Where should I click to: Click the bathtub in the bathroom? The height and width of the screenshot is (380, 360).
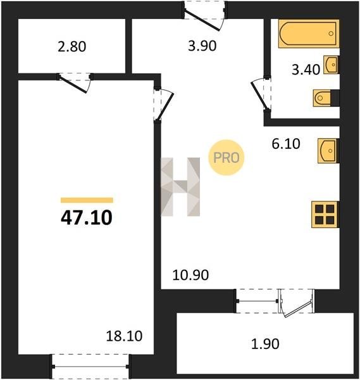pyautogui.click(x=308, y=34)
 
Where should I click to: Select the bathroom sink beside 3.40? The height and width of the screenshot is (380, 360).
pyautogui.click(x=331, y=65)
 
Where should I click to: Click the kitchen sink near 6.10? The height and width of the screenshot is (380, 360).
pyautogui.click(x=328, y=151)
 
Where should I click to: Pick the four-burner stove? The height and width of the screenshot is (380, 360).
pyautogui.click(x=325, y=215)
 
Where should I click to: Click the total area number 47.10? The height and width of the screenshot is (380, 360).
pyautogui.click(x=87, y=218)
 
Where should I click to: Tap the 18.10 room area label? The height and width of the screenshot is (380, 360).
pyautogui.click(x=124, y=336)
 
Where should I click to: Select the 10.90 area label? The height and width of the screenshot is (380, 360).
pyautogui.click(x=190, y=275)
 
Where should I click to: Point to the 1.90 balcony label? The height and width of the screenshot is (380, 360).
pyautogui.click(x=265, y=344)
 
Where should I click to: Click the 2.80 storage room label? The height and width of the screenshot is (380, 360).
pyautogui.click(x=72, y=46)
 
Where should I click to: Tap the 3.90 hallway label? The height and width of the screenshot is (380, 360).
pyautogui.click(x=202, y=46)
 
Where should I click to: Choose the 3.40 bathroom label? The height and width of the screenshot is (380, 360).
pyautogui.click(x=306, y=70)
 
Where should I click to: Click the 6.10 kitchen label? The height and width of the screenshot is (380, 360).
pyautogui.click(x=286, y=144)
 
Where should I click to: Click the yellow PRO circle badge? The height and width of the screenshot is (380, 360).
pyautogui.click(x=227, y=158)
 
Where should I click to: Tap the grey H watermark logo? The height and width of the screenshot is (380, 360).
pyautogui.click(x=180, y=187)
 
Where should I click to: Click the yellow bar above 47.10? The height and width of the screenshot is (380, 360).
pyautogui.click(x=87, y=200)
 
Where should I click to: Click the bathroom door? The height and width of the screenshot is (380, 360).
pyautogui.click(x=261, y=95)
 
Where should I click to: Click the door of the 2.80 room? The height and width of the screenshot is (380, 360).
pyautogui.click(x=74, y=83)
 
